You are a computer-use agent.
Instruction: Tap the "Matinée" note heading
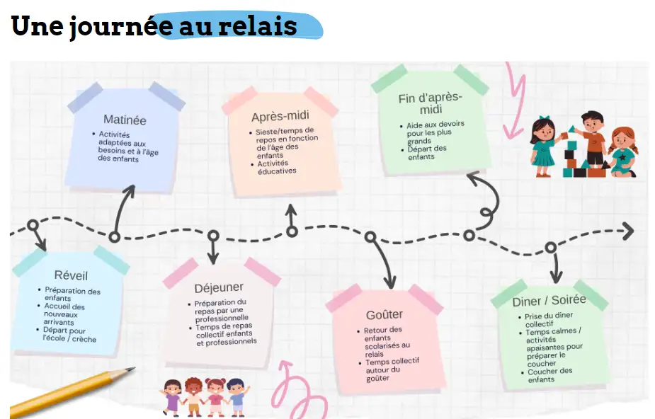click(125, 120)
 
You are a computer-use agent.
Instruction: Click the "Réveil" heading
click(71, 275)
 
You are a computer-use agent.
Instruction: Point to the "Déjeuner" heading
click(219, 287)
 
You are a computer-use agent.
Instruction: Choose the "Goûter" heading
click(385, 314)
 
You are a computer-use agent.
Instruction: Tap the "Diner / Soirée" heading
click(549, 301)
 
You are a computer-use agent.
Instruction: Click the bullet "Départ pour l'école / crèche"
click(69, 334)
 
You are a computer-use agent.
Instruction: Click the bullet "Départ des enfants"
click(427, 152)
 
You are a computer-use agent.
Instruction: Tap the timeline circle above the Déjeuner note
click(213, 236)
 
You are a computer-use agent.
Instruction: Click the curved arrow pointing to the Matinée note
click(123, 209)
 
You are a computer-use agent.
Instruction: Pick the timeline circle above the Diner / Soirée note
click(550, 247)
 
